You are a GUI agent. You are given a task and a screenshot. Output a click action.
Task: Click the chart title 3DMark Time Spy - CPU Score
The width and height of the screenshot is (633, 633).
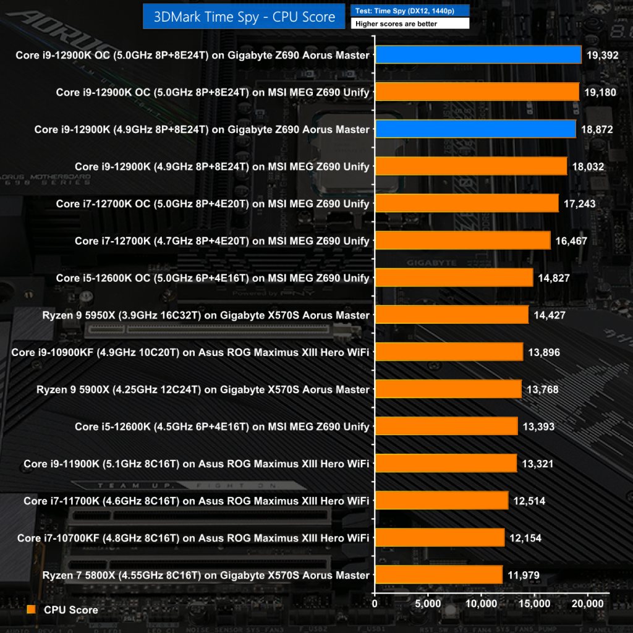244,17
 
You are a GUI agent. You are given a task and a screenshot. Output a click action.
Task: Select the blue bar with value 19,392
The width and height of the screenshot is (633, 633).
478,55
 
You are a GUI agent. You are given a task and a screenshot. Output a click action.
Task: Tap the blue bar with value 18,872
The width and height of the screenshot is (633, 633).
475,129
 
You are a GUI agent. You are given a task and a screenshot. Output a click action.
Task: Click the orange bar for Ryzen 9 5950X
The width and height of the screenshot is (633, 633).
451,315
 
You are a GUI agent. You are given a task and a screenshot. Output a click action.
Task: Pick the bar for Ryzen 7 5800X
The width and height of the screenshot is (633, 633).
438,575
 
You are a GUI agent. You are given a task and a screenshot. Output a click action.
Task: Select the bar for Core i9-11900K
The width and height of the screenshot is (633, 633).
446,464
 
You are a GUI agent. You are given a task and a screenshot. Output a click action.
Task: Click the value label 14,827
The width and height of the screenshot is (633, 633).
554,278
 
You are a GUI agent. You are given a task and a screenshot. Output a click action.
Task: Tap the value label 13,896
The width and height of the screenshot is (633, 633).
544,352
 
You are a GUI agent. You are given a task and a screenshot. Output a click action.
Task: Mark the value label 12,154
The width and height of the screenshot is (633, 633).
525,538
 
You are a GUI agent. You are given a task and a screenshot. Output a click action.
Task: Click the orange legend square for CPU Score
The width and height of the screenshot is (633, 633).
32,610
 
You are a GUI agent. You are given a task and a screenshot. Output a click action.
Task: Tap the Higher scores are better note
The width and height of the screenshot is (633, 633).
409,23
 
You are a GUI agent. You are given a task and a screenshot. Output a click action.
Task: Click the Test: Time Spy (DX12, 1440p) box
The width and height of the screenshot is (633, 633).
409,11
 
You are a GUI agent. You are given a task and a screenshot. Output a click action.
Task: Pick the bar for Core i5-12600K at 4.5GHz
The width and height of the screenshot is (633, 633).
446,427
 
